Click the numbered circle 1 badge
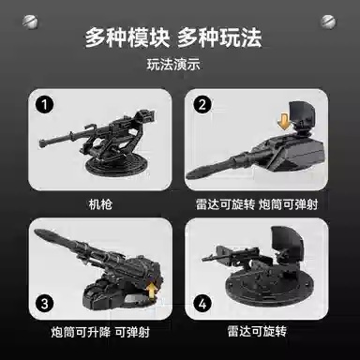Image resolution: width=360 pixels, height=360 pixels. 44,104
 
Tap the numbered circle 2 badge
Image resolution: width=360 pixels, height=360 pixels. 202,104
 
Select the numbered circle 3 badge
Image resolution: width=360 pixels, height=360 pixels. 44,304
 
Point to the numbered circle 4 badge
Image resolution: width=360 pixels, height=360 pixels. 202,304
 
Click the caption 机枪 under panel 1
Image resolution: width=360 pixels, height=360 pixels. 100,204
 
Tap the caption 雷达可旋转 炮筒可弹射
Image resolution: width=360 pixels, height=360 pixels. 257,204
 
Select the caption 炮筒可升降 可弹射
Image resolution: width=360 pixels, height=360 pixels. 100,332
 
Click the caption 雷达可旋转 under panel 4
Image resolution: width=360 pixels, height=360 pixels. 257,331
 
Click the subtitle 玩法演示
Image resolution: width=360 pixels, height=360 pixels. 173,65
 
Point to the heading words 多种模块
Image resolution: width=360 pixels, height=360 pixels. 127,37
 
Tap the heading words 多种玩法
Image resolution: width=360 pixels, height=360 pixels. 219,37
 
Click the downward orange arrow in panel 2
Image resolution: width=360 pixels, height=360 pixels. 284,122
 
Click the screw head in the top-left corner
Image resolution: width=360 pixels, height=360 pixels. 30,22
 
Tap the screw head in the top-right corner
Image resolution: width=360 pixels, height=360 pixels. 328,22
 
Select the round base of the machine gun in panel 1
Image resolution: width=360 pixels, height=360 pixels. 116,165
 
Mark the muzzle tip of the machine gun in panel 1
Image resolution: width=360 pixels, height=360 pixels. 41,143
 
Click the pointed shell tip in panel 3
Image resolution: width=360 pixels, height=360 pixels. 37,232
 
